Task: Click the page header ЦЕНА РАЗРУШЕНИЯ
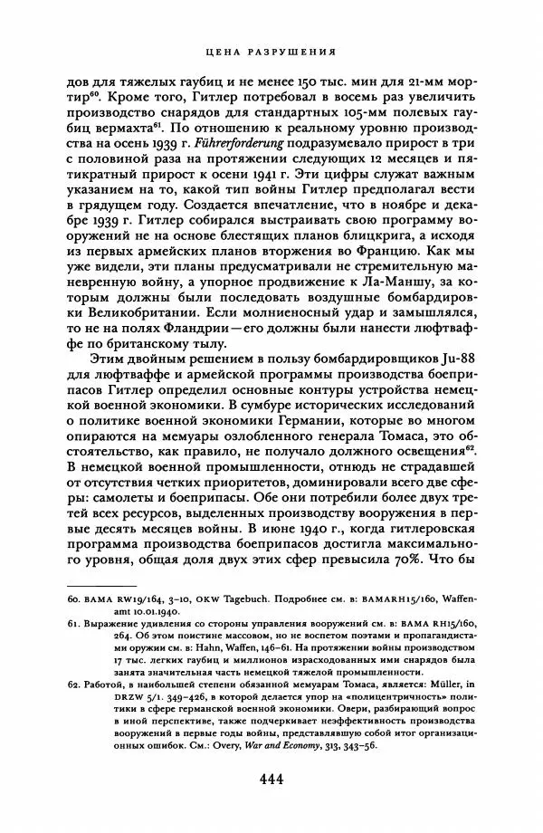pos(272,52)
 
